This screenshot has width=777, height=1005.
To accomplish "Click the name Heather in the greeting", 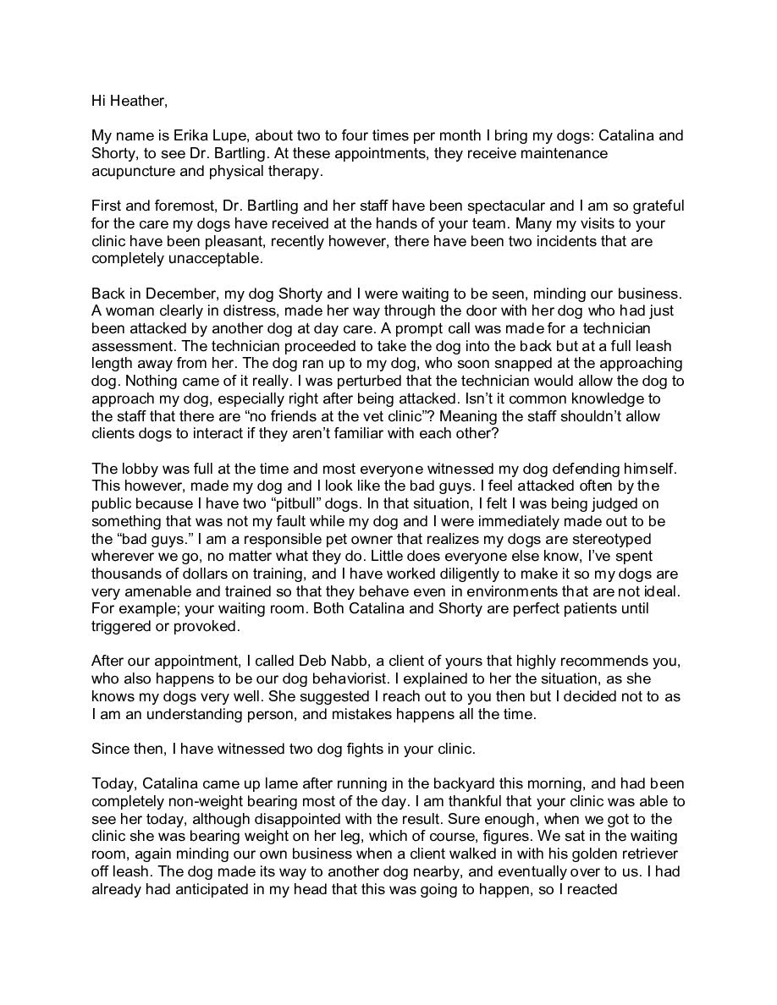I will [136, 102].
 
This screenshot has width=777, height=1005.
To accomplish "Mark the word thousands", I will [128, 574].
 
